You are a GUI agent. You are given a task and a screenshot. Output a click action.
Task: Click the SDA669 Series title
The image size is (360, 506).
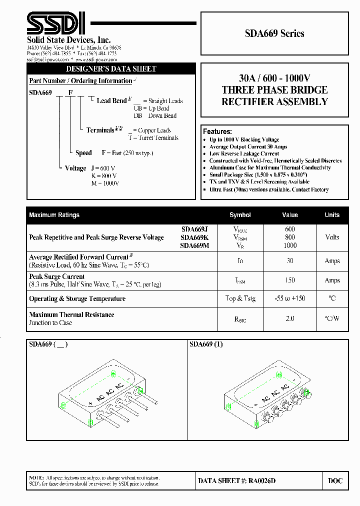(x=274, y=33)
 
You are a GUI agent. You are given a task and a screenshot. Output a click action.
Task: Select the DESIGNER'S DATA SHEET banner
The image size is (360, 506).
(x=111, y=69)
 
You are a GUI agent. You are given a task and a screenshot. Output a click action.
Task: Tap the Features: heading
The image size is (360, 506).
(x=217, y=131)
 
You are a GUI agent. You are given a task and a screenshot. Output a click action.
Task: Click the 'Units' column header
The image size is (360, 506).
(x=332, y=215)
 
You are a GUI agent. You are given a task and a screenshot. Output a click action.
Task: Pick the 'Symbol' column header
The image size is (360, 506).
(x=240, y=215)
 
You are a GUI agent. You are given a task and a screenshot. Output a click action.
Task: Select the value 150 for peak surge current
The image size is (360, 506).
(x=290, y=280)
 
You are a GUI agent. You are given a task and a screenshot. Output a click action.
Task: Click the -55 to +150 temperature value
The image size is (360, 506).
(x=290, y=298)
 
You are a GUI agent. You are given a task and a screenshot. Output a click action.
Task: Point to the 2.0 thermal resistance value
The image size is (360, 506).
(x=290, y=318)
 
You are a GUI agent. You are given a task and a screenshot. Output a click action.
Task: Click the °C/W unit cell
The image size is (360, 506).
(x=332, y=318)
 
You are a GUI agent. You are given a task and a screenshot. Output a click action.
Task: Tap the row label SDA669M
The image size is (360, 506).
(x=195, y=245)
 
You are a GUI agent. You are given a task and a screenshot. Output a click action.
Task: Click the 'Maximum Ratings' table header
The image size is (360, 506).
(x=54, y=215)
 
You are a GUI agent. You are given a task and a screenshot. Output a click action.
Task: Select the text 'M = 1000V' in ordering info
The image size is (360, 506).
(x=105, y=183)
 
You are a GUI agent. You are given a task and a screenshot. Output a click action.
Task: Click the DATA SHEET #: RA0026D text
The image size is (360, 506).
(x=236, y=481)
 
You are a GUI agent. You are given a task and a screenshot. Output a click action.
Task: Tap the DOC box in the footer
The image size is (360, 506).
(x=335, y=481)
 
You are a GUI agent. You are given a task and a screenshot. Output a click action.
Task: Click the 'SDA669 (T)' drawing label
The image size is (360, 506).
(x=206, y=344)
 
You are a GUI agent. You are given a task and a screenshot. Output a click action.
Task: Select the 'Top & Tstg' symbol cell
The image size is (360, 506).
(x=240, y=298)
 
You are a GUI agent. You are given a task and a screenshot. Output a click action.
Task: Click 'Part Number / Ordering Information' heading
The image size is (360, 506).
(x=80, y=81)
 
